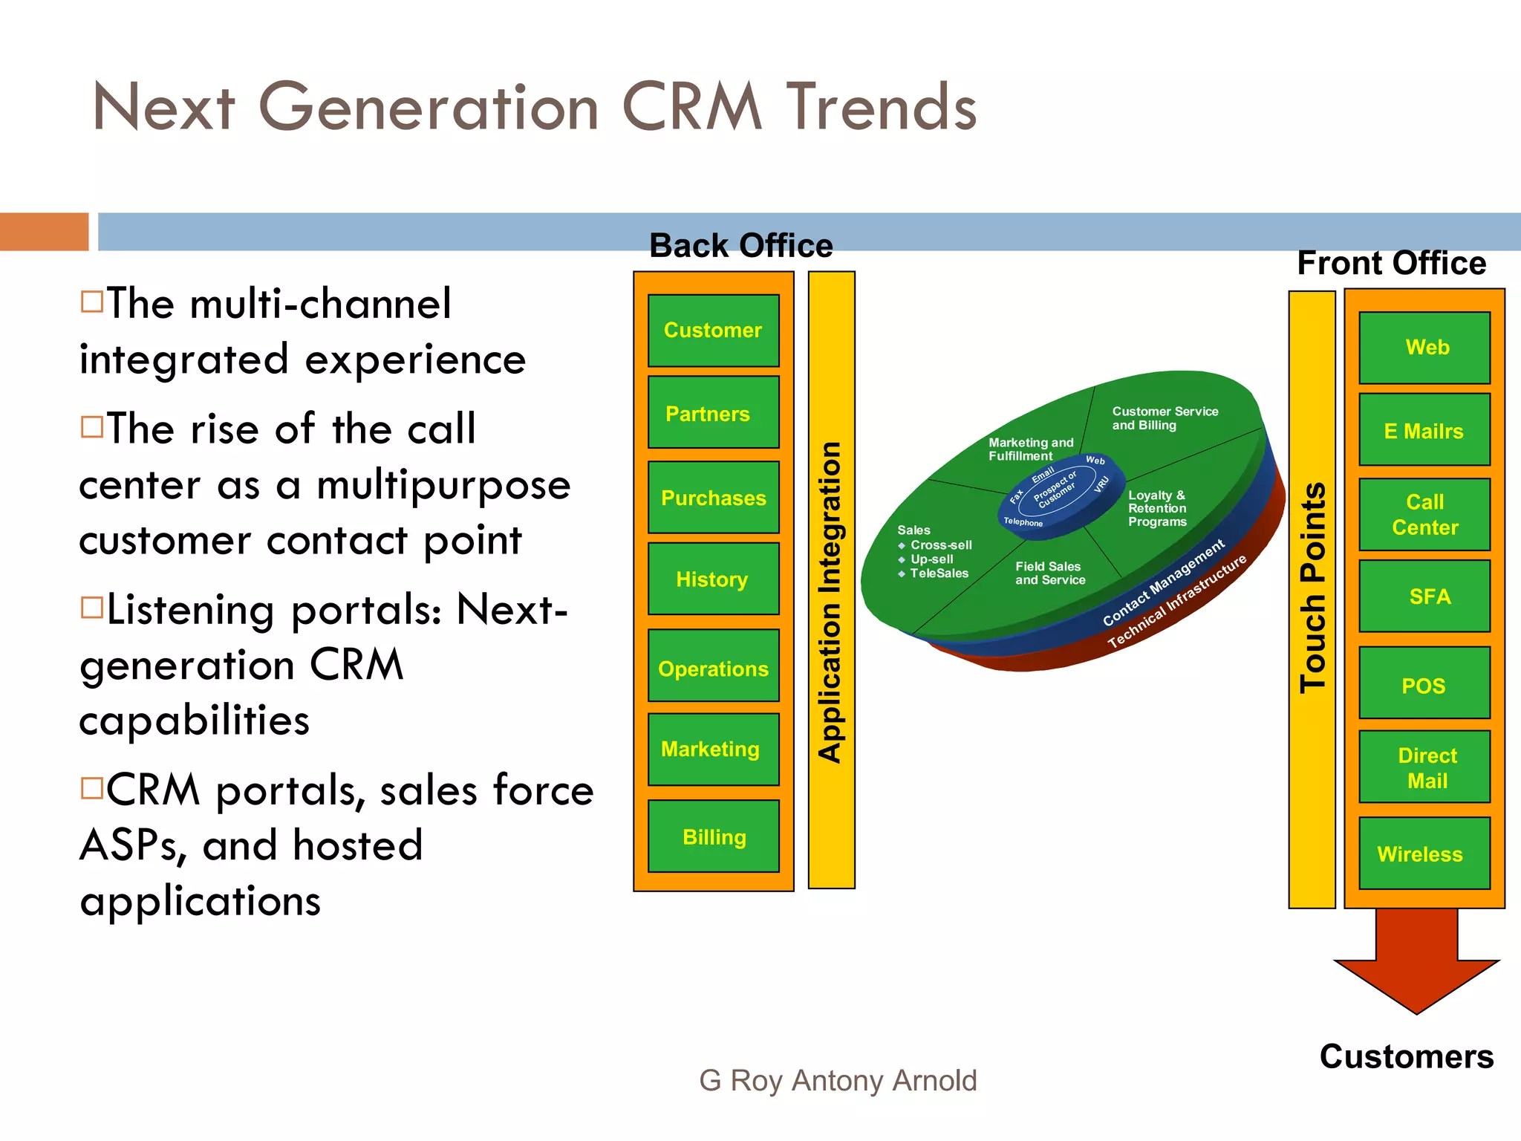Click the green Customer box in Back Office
point(713,331)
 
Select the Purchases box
point(713,498)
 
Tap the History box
point(713,579)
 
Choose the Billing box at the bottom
point(713,836)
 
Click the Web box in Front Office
point(1424,348)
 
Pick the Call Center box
point(1424,514)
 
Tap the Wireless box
point(1424,854)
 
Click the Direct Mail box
point(1424,767)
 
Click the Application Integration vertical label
point(831,602)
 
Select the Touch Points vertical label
point(1312,587)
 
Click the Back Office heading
point(740,246)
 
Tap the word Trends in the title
point(882,108)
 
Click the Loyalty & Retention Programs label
point(1156,509)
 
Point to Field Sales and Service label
point(1049,573)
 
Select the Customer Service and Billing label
point(1164,418)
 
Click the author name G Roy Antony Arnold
point(837,1080)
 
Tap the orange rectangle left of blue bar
point(44,231)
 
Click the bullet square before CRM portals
point(92,787)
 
